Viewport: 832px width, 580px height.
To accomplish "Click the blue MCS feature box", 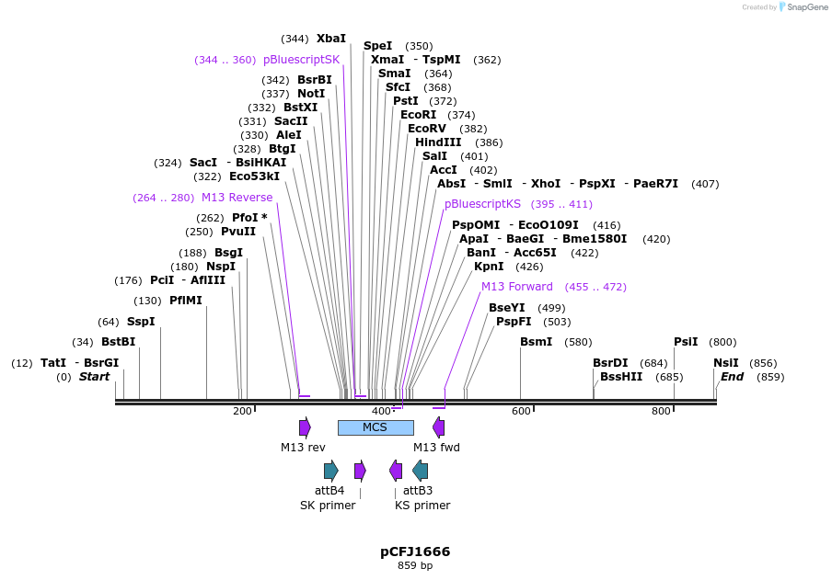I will click(x=376, y=427).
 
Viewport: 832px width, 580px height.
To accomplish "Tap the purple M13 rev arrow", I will click(x=305, y=427).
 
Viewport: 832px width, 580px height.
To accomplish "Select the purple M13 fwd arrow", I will click(x=439, y=427).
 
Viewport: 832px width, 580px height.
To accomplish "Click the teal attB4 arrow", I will click(x=330, y=471).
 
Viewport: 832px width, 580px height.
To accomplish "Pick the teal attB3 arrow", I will click(x=420, y=471).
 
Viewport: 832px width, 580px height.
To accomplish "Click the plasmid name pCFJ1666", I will click(x=415, y=552).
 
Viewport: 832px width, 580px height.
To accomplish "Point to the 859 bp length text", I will click(x=415, y=566).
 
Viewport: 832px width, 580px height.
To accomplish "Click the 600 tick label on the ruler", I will click(x=521, y=411).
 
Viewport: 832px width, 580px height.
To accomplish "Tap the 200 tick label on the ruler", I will click(x=242, y=411).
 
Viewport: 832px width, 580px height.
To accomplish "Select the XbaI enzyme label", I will click(x=331, y=39).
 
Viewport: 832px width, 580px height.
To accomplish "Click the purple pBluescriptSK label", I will click(x=301, y=60).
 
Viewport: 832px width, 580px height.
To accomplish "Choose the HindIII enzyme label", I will click(x=438, y=142).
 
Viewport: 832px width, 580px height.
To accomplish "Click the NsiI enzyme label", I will click(x=725, y=363).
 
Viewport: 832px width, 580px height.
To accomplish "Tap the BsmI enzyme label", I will click(x=537, y=342).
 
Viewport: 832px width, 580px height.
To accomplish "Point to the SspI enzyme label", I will click(x=141, y=322).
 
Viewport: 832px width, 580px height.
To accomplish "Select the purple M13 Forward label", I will click(x=517, y=287).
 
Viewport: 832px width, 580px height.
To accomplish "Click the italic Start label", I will click(x=94, y=377).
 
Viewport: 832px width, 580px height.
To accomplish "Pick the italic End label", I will click(x=732, y=377).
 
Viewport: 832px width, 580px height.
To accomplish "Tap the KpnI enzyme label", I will click(x=489, y=267).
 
